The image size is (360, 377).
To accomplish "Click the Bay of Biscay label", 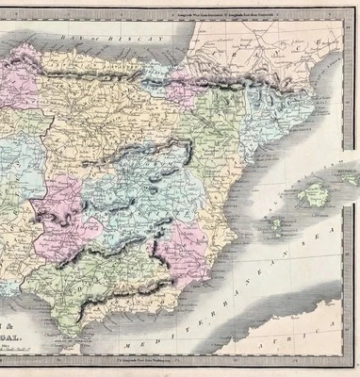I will click(94, 34).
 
